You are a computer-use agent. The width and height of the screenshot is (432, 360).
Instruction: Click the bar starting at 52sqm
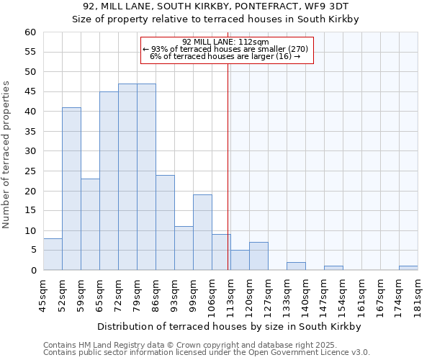click(x=71, y=189)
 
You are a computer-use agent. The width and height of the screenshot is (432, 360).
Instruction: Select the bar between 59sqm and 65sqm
click(x=90, y=224)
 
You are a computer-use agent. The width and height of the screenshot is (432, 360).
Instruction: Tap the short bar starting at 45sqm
click(x=53, y=254)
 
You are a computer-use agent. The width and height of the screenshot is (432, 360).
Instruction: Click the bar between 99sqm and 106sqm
click(x=202, y=232)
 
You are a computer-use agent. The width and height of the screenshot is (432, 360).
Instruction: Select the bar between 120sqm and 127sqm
click(x=258, y=256)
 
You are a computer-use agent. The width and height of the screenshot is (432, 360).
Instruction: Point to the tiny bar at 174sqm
click(x=408, y=268)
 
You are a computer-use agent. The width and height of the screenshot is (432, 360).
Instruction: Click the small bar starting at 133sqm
click(x=296, y=266)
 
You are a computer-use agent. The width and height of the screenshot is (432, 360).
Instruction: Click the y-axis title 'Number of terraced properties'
click(x=6, y=155)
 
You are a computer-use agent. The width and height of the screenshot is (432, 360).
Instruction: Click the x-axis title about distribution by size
click(x=228, y=326)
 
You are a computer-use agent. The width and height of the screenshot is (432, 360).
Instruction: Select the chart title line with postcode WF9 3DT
click(x=215, y=6)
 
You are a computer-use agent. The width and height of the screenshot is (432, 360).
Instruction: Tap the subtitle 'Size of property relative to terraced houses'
click(x=215, y=19)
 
